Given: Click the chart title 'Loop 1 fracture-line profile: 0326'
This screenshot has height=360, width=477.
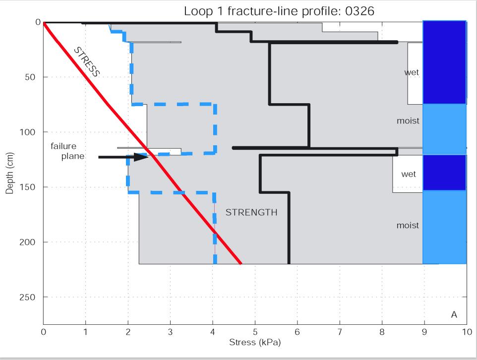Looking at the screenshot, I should tap(279, 11).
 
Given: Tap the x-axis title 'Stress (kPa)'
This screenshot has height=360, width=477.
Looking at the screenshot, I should tap(254, 342).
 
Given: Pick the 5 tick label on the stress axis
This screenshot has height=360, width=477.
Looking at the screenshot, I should tap(255, 332).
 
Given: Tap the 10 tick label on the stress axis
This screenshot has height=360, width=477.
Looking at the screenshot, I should tap(466, 332).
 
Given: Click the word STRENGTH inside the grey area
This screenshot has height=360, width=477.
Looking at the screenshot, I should tap(251, 213).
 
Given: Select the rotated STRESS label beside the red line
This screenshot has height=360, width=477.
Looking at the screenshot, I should tap(87, 61).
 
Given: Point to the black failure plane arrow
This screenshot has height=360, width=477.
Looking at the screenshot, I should tap(123, 157).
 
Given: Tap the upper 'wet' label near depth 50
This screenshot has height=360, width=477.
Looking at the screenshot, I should tap(412, 72).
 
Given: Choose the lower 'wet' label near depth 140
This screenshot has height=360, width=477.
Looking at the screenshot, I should tap(409, 174).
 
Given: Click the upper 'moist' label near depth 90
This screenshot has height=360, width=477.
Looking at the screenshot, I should tap(408, 120).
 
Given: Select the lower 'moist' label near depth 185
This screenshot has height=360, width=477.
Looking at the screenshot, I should tap(408, 225).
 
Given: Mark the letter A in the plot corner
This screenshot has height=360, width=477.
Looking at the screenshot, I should tap(454, 315).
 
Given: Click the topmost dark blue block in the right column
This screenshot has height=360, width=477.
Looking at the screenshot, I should tap(444, 62).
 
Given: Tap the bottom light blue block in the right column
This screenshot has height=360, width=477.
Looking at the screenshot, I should tap(444, 227).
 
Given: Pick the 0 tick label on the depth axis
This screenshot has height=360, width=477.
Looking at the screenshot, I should tap(38, 22).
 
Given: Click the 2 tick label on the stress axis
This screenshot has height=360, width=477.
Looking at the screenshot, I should tap(128, 332).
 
